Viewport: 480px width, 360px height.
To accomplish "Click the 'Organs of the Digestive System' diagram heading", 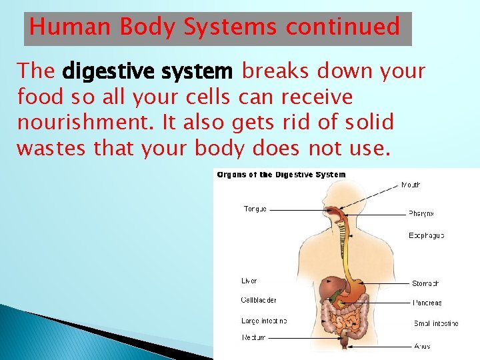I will click(281, 175).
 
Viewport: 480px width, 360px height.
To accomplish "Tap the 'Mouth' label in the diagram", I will click(411, 185).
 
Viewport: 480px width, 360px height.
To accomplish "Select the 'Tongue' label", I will click(255, 209).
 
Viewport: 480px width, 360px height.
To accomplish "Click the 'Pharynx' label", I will click(421, 214).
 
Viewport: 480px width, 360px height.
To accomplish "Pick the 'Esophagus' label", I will click(426, 235).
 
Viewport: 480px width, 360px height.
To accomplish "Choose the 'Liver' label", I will click(249, 281).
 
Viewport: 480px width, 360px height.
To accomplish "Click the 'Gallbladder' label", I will click(259, 300).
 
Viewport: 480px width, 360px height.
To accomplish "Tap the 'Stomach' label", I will click(425, 283).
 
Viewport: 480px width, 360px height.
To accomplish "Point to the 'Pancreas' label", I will click(427, 303).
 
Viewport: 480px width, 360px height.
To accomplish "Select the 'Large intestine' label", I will click(264, 321).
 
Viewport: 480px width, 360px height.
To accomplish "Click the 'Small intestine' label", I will click(436, 323).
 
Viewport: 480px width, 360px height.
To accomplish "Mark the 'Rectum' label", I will click(253, 337).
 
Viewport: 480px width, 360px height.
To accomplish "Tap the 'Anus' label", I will click(421, 346).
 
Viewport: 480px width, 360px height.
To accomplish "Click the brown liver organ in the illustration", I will click(328, 289).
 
